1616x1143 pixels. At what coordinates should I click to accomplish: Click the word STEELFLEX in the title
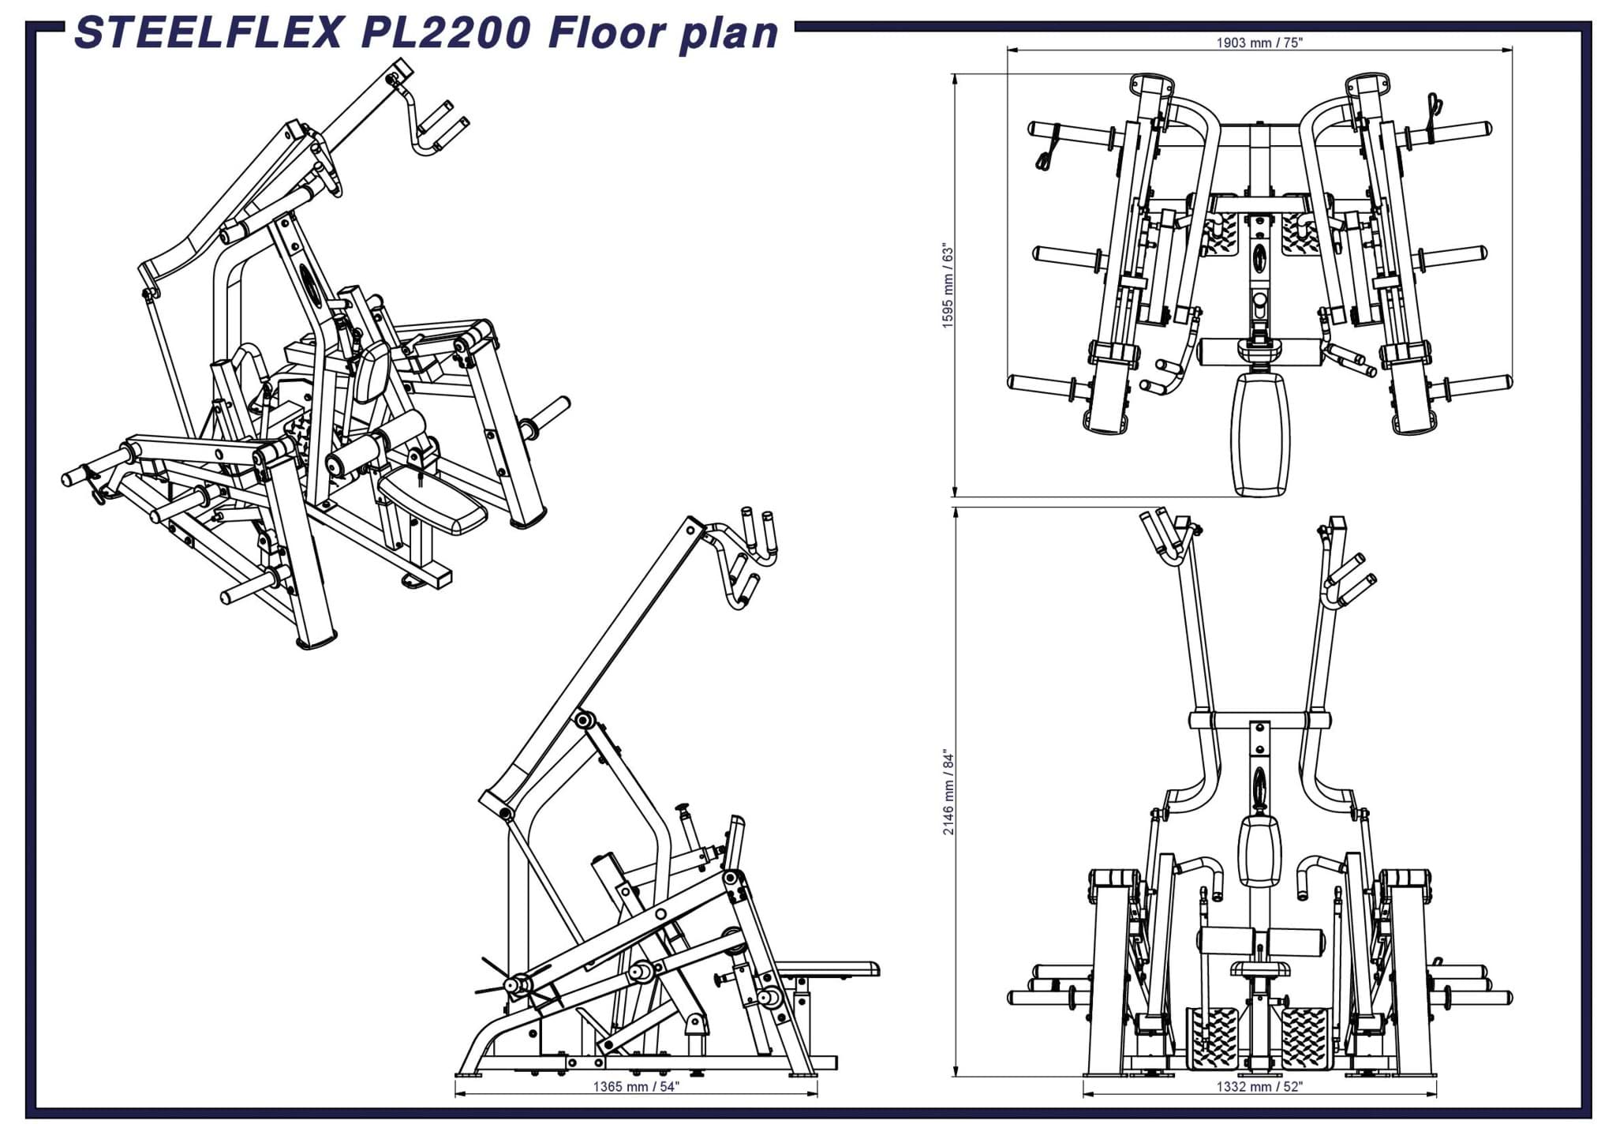pos(209,33)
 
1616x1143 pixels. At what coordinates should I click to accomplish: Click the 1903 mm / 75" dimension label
pos(1259,43)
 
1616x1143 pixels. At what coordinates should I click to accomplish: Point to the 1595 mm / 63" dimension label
pos(948,287)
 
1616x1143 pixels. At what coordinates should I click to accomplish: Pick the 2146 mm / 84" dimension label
pos(948,793)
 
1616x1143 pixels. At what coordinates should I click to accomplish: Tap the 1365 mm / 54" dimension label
pos(636,1087)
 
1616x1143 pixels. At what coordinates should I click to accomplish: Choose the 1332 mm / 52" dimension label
pos(1259,1087)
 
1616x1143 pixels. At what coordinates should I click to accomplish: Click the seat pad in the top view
pos(1261,435)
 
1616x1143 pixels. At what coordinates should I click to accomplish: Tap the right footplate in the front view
pos(1306,1038)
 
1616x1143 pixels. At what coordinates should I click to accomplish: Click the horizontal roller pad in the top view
pos(1260,352)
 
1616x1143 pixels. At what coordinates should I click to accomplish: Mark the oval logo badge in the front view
pos(1259,786)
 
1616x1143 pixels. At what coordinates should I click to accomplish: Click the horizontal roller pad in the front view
pos(1260,942)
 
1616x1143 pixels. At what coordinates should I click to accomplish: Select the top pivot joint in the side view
pos(584,720)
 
